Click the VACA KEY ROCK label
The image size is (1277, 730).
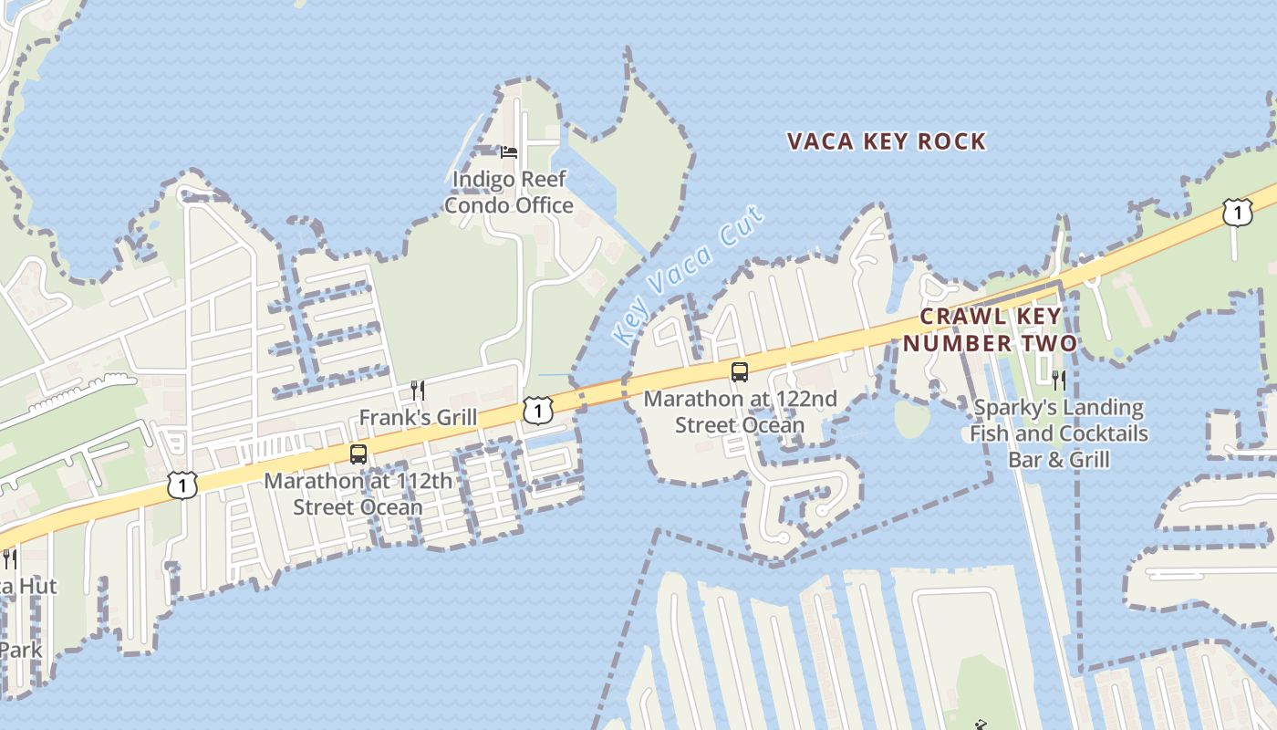click(x=886, y=141)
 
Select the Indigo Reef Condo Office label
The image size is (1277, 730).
click(x=509, y=193)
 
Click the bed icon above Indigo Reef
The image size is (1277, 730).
click(x=509, y=151)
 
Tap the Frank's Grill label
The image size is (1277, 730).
click(x=418, y=417)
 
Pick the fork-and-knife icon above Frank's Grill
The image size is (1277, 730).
click(x=418, y=391)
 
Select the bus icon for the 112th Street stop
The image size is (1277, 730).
click(x=358, y=454)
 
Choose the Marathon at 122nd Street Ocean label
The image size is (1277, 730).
click(x=740, y=412)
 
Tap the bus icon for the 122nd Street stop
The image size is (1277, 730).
click(x=740, y=372)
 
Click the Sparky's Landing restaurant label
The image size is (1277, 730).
click(x=1058, y=433)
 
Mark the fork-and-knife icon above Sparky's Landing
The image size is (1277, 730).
click(x=1059, y=380)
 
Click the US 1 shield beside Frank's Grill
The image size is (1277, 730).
click(x=538, y=411)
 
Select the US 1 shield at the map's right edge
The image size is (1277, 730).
click(x=1237, y=213)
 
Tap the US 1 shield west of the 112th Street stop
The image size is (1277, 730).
click(x=182, y=485)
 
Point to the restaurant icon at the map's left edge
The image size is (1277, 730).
click(x=9, y=558)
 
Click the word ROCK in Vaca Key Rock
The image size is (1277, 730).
click(x=951, y=141)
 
